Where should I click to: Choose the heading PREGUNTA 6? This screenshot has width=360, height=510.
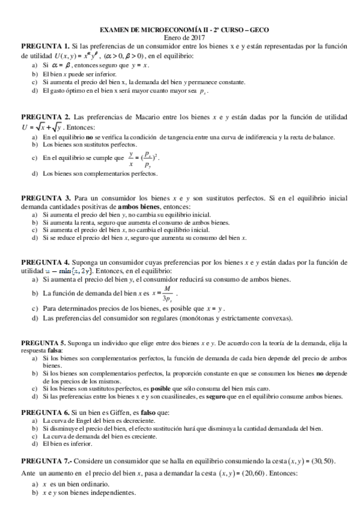coord(44,413)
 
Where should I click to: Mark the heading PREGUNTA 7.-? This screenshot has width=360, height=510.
coord(46,461)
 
